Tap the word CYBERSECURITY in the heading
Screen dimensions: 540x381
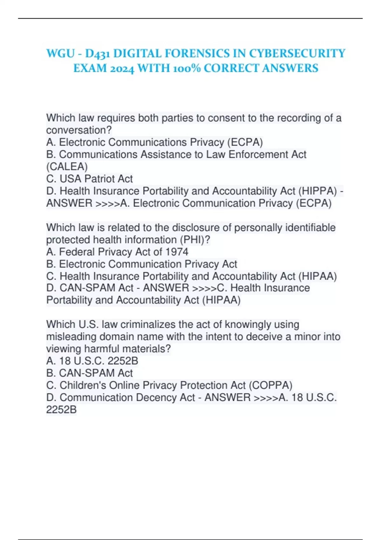click(x=297, y=53)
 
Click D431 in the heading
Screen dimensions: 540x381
click(x=97, y=53)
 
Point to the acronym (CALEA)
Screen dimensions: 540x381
click(x=67, y=166)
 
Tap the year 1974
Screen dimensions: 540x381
click(x=177, y=252)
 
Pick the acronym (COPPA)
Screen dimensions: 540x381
click(x=271, y=385)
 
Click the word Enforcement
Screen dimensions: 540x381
click(x=267, y=154)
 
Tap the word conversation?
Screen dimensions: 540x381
click(x=79, y=130)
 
